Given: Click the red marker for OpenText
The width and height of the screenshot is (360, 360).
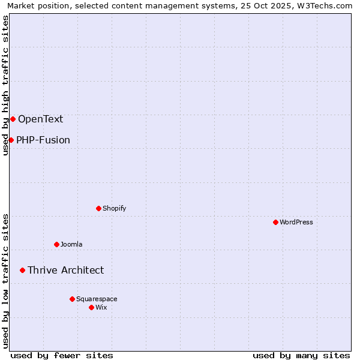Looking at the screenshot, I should (x=13, y=119).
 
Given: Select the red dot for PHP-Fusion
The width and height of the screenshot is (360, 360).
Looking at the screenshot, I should (x=11, y=140).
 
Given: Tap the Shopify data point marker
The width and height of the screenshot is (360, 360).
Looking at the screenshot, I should (x=98, y=208).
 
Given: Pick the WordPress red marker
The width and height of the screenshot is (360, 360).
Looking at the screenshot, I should (x=275, y=222).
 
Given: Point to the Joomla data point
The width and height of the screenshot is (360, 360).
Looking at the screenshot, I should (x=56, y=244).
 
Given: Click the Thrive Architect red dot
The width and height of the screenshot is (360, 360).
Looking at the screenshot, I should (x=22, y=270).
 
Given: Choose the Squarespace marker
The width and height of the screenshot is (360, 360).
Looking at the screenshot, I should (x=72, y=299).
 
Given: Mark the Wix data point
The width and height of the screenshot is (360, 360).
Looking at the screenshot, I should (x=91, y=307).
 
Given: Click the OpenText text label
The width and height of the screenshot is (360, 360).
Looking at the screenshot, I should (x=40, y=119).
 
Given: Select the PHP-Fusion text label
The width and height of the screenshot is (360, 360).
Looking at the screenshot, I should (x=43, y=140).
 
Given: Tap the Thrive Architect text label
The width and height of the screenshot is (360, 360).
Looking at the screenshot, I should (x=65, y=270).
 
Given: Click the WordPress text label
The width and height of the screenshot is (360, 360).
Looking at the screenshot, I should (x=296, y=222).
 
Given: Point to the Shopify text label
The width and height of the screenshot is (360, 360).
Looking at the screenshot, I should (x=114, y=208).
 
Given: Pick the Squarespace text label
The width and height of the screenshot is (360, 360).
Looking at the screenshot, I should (x=97, y=299).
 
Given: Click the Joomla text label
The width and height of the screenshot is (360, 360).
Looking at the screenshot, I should (x=71, y=244).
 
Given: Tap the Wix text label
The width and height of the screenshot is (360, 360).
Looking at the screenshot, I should (x=101, y=307).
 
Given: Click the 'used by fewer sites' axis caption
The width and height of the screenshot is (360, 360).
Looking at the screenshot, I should (x=62, y=355).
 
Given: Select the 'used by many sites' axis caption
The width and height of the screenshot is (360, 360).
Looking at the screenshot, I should (x=301, y=355).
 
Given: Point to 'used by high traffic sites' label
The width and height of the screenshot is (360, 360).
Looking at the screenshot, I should (x=6, y=85).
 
